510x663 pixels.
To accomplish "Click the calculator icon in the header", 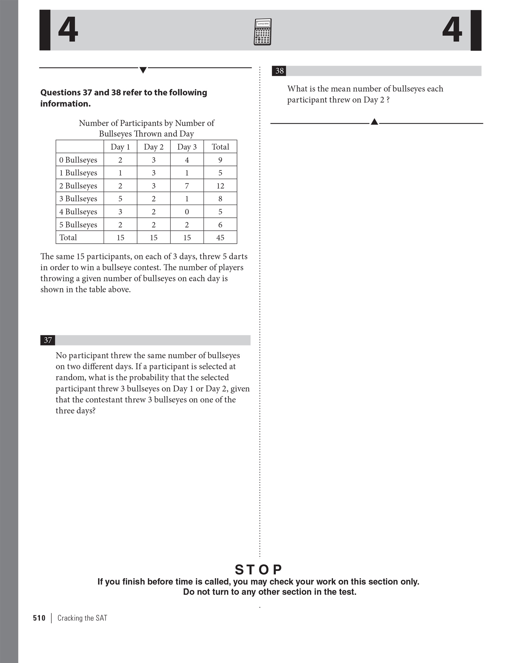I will [x=262, y=32].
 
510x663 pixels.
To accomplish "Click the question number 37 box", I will [x=48, y=340].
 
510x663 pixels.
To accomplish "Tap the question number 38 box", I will [x=279, y=71].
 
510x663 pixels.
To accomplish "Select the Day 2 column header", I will [x=154, y=147].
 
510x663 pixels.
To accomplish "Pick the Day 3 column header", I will [x=187, y=147].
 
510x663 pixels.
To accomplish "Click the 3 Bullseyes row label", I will [x=78, y=198].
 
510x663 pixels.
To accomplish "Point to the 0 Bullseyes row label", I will [x=78, y=160].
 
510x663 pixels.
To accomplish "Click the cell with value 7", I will [x=187, y=186].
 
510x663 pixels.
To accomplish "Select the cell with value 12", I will [x=220, y=186].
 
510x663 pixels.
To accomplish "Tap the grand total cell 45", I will [x=220, y=237].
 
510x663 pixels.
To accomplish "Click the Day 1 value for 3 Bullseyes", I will [x=120, y=198].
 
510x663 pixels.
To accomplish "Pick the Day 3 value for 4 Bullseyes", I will [x=187, y=211].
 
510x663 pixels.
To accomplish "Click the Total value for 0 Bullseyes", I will [x=220, y=160].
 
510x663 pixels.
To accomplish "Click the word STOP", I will [x=259, y=570].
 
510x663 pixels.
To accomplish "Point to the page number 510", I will [x=39, y=618].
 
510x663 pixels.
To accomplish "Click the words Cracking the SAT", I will [x=82, y=618].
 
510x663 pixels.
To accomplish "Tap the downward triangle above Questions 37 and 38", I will [x=143, y=70].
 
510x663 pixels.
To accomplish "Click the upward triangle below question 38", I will [x=374, y=122].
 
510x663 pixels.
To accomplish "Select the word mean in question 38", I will [x=341, y=89].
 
